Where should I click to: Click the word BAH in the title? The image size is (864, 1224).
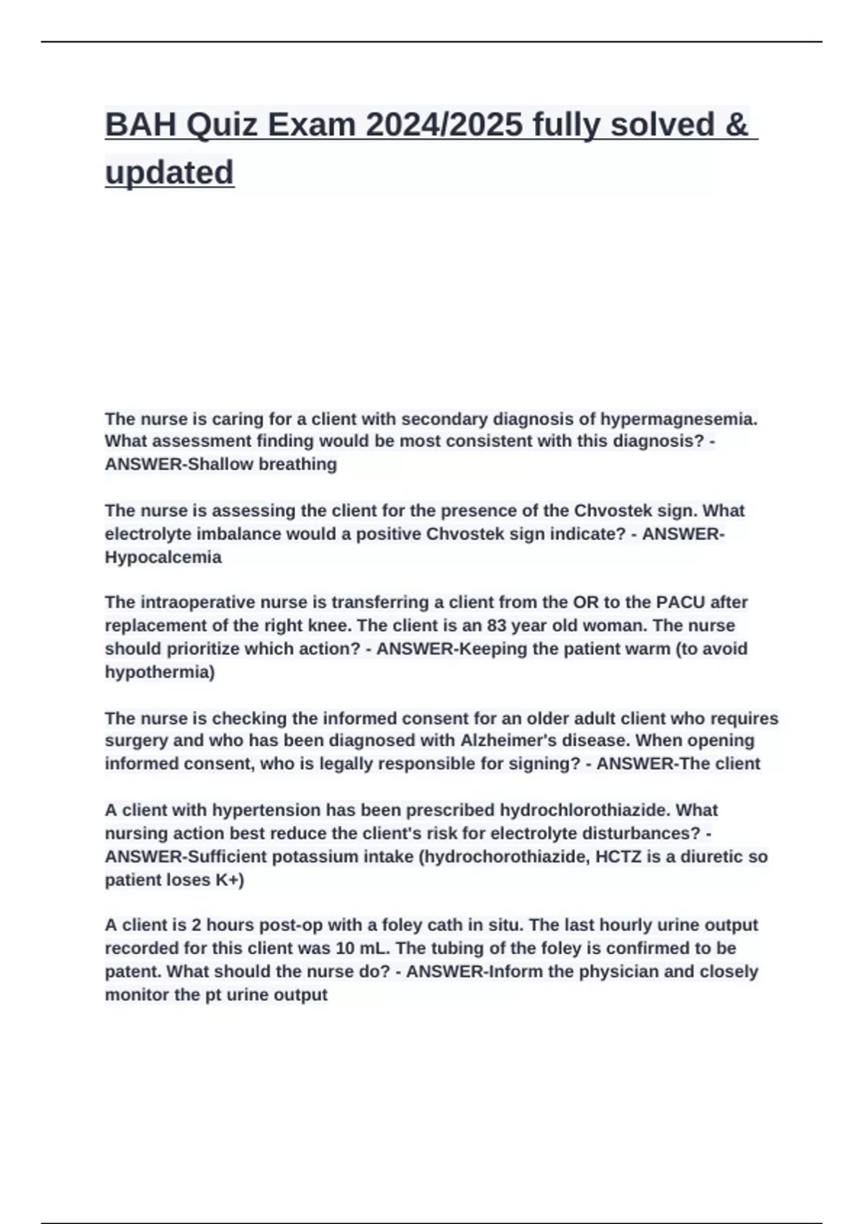[x=140, y=125]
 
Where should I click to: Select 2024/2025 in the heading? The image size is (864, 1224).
[x=444, y=125]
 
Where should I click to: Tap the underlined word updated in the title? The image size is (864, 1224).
[x=169, y=173]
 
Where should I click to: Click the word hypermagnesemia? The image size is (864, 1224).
[x=678, y=418]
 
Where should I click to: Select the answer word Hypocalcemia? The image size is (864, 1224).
[x=163, y=557]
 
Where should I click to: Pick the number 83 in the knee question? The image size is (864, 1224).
[x=498, y=625]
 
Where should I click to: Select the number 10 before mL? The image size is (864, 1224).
[x=346, y=948]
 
